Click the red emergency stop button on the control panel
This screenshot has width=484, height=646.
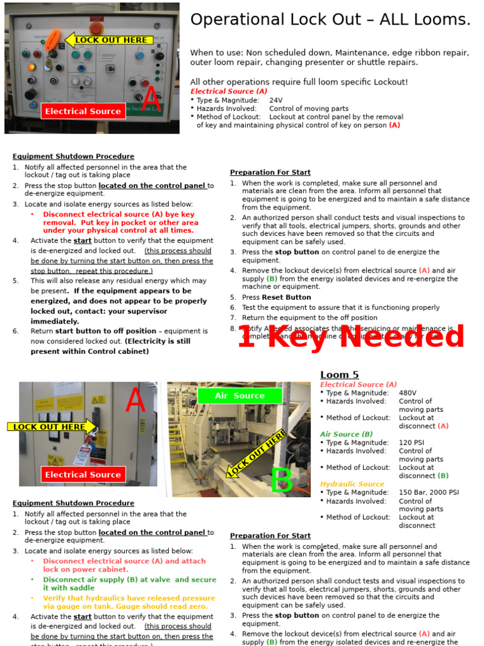96,28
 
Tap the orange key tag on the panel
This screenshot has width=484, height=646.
53,40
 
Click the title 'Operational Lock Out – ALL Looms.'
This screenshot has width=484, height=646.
330,20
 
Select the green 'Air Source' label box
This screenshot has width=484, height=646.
239,396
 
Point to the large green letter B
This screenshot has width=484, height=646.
281,481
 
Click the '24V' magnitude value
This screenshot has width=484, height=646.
276,100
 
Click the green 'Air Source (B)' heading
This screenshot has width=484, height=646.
346,434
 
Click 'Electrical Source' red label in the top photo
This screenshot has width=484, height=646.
83,112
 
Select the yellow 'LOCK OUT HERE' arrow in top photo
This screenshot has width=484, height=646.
110,40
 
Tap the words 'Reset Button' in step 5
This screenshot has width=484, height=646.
286,297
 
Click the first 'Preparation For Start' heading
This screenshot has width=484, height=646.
270,172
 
